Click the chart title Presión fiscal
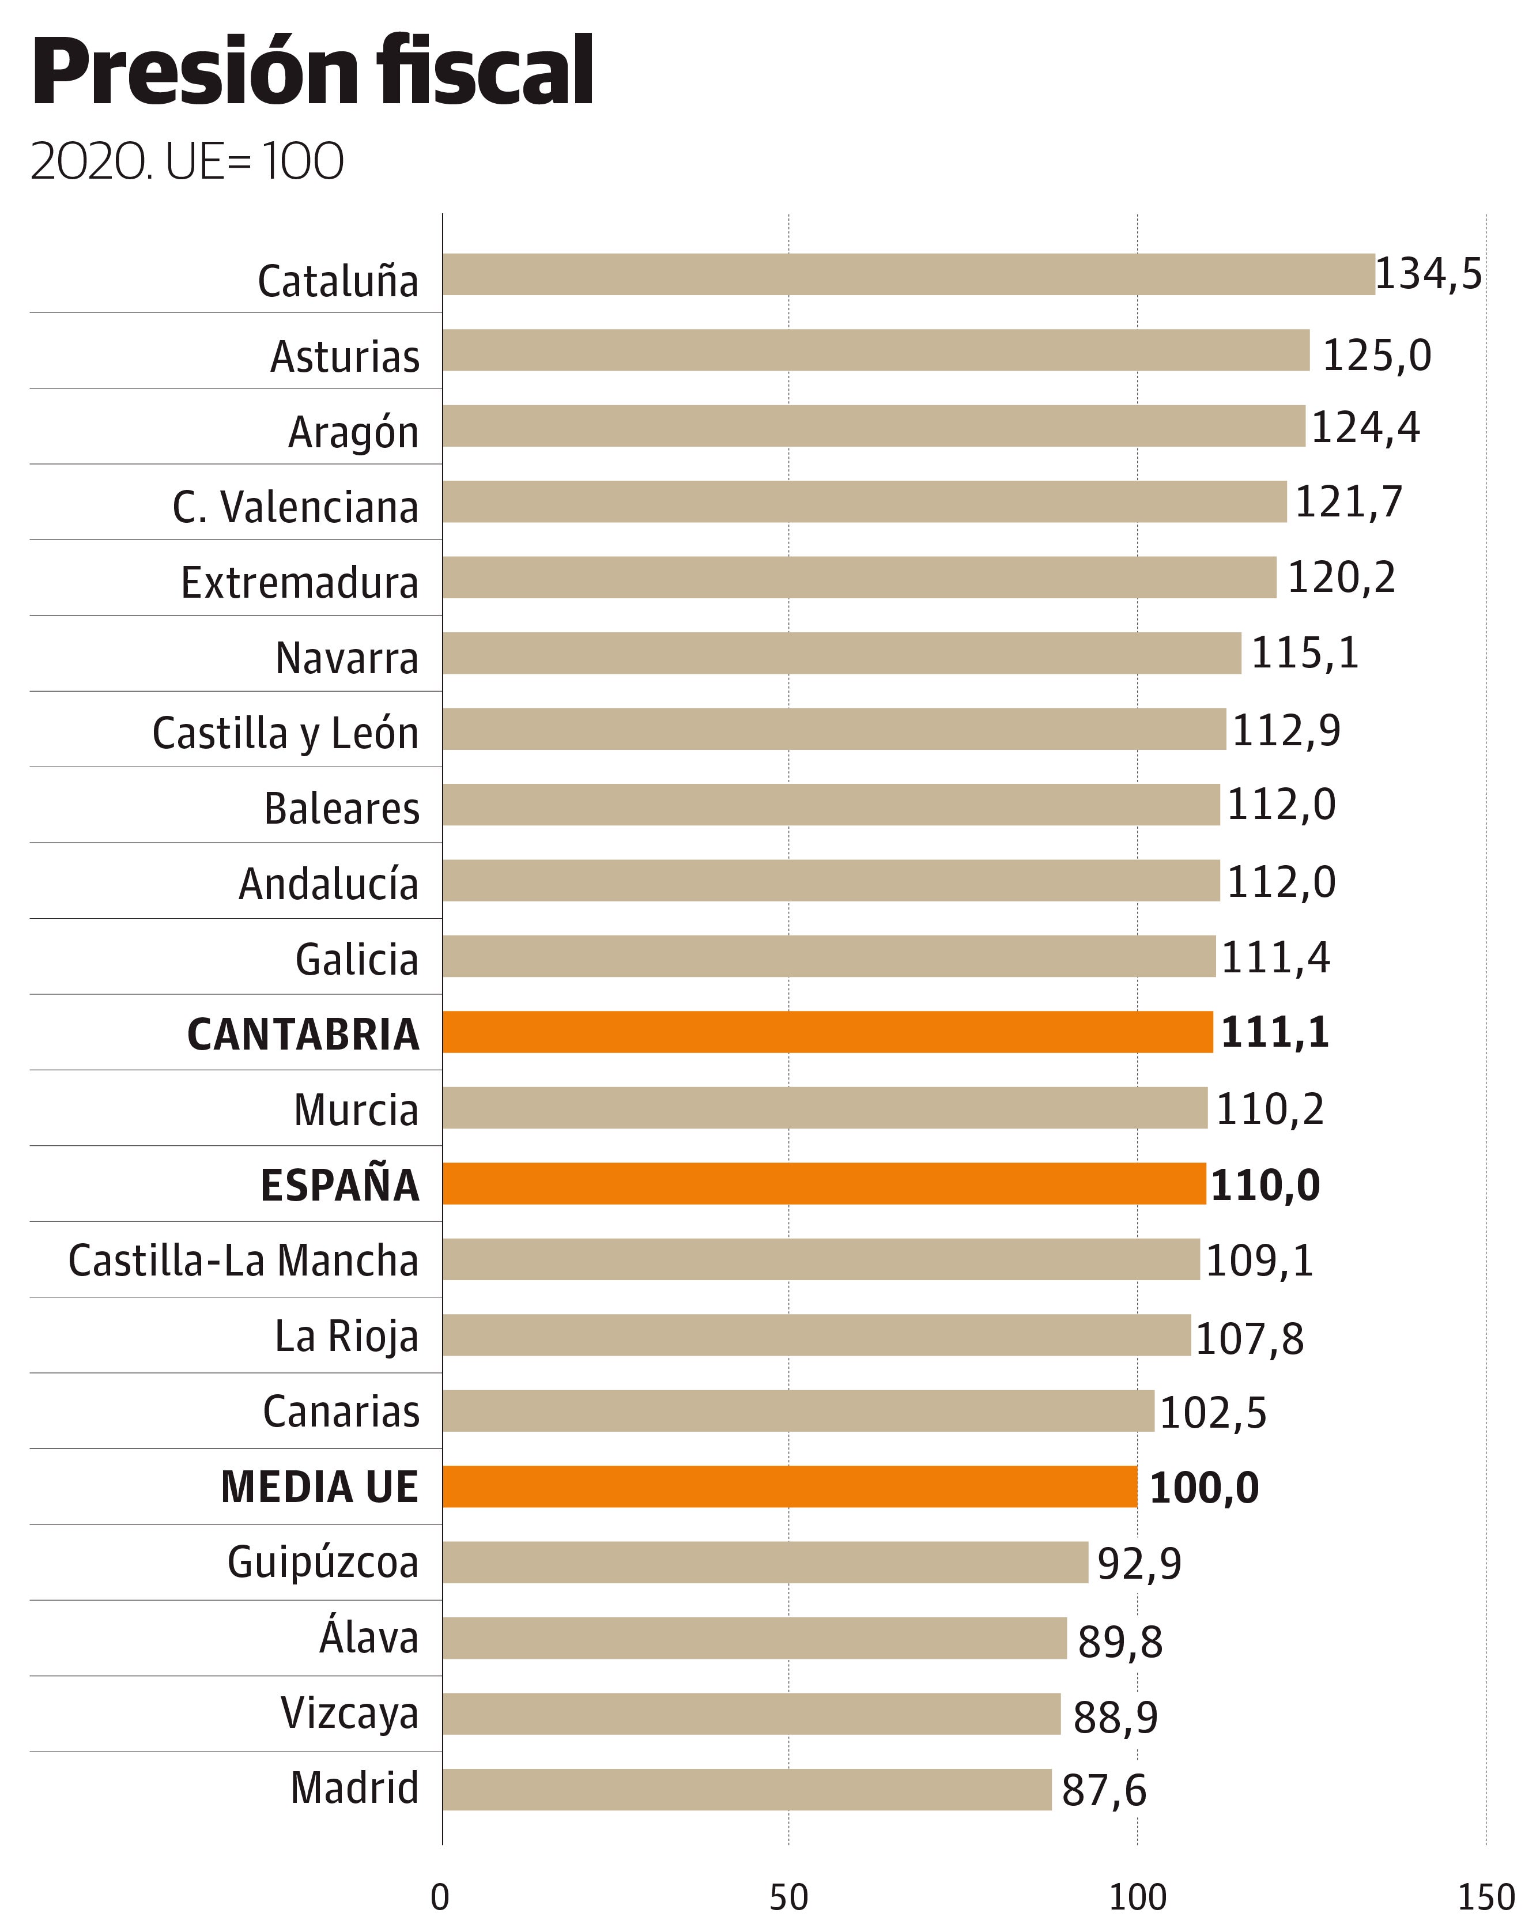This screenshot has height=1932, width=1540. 312,71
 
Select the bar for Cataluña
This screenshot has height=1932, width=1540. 908,274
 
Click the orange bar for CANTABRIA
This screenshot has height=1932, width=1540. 827,1031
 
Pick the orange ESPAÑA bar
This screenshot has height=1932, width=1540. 823,1183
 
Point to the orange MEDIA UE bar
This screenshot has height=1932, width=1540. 789,1486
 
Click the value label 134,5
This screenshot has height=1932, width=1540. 1428,274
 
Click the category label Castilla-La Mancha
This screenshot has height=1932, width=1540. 244,1260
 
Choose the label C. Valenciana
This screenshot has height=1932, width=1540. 296,507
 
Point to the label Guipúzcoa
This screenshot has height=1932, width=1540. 323,1562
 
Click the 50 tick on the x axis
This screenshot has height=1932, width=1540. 788,1897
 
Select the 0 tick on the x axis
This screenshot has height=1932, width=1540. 440,1897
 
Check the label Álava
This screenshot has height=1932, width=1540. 369,1637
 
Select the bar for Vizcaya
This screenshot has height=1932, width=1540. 751,1714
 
